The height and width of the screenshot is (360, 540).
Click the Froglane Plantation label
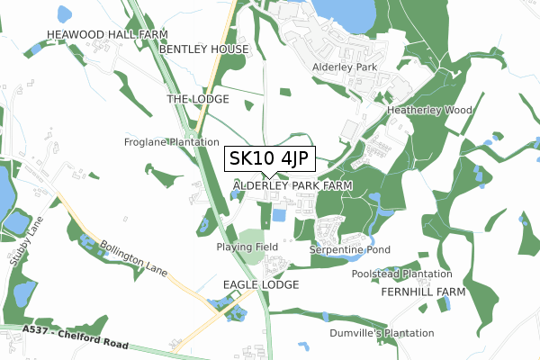click(x=171, y=142)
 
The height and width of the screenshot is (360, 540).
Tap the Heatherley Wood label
click(x=429, y=110)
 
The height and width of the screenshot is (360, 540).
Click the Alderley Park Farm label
click(x=292, y=184)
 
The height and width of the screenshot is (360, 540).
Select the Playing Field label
click(x=247, y=247)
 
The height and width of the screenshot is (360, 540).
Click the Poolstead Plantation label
click(x=401, y=274)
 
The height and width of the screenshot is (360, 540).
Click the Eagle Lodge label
click(x=260, y=284)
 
